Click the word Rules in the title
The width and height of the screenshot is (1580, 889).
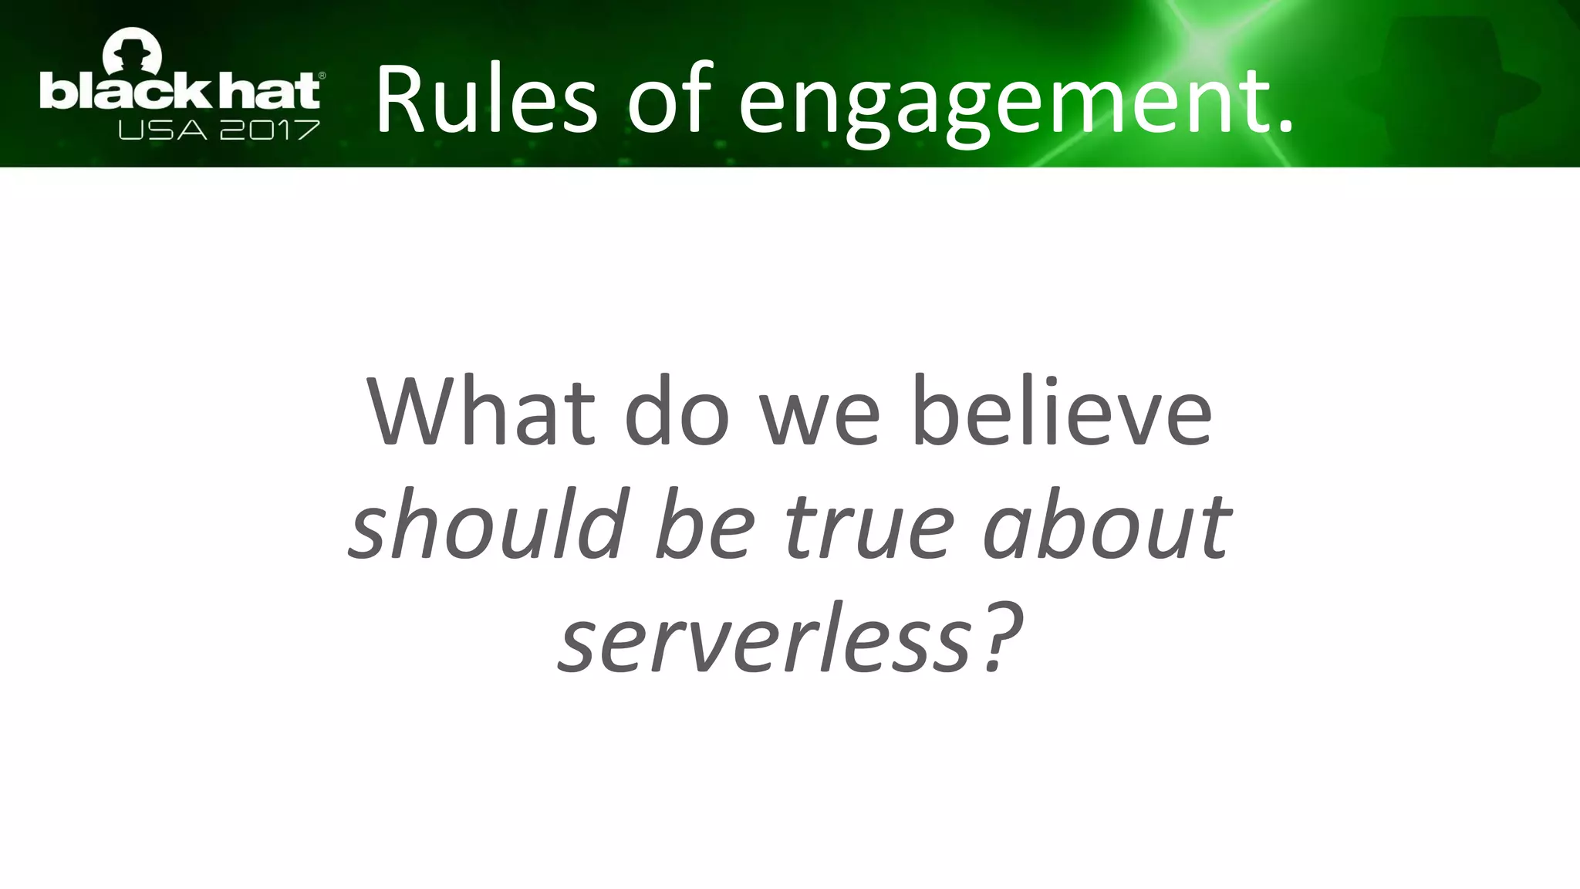(x=486, y=100)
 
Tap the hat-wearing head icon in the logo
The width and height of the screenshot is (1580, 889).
(x=133, y=54)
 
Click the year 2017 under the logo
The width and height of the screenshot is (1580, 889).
(x=269, y=130)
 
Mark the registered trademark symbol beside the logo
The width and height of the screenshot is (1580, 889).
(x=322, y=76)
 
